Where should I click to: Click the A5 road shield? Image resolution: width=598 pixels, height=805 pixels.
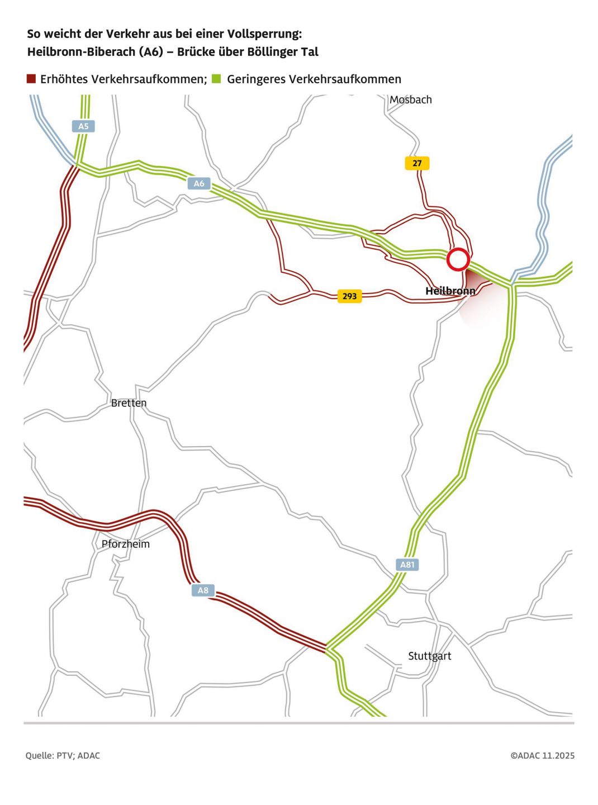click(x=83, y=126)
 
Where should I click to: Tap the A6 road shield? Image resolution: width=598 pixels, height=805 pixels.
click(x=199, y=183)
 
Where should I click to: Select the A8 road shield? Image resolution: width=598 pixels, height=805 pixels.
click(x=203, y=590)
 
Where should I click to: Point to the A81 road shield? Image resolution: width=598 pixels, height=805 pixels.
click(x=407, y=565)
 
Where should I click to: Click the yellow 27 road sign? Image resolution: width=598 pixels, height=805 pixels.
click(x=417, y=163)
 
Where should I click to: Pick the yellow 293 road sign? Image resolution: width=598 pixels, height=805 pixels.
click(x=349, y=296)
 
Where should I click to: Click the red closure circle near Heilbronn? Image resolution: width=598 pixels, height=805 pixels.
click(x=458, y=259)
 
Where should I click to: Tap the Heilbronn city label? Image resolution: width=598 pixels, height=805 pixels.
click(x=450, y=291)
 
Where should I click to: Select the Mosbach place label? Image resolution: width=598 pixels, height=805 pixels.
click(x=411, y=100)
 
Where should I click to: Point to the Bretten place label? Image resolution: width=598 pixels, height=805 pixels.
click(x=129, y=402)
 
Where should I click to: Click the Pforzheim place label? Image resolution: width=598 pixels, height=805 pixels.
click(x=126, y=544)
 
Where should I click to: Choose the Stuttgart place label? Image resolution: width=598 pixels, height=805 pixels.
click(x=429, y=656)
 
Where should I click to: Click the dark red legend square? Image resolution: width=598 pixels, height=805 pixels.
click(x=31, y=79)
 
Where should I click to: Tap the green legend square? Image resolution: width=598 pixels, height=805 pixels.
click(x=216, y=79)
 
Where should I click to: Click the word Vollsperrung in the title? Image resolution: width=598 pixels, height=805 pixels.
click(x=264, y=34)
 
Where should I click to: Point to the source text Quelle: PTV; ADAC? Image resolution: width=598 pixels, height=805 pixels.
click(x=63, y=756)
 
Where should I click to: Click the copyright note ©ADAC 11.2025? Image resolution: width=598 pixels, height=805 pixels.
click(x=542, y=756)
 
